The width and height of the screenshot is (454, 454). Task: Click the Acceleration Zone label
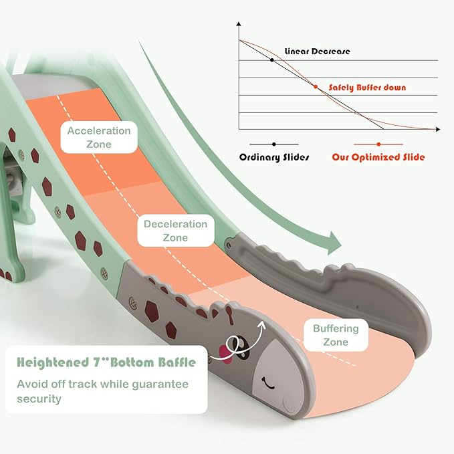pyautogui.click(x=99, y=137)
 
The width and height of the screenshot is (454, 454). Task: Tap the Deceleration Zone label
pyautogui.click(x=175, y=230)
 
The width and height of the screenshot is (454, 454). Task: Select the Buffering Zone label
pyautogui.click(x=336, y=335)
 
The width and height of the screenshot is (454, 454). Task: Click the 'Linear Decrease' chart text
pyautogui.click(x=317, y=51)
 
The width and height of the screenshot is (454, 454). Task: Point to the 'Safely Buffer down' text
pyautogui.click(x=367, y=88)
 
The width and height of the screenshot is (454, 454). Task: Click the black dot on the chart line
pyautogui.click(x=271, y=60)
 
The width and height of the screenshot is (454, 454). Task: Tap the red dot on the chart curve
pyautogui.click(x=316, y=86)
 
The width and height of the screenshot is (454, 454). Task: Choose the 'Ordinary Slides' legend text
pyautogui.click(x=275, y=158)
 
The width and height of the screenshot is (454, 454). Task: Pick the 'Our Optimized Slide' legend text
pyautogui.click(x=378, y=158)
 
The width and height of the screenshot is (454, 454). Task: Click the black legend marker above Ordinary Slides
pyautogui.click(x=274, y=144)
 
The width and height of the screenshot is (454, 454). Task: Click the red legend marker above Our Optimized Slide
pyautogui.click(x=378, y=144)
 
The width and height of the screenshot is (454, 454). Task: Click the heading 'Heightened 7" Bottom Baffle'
pyautogui.click(x=106, y=363)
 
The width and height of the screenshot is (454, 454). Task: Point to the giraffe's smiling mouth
pyautogui.click(x=270, y=384)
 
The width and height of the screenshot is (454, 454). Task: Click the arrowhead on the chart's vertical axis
pyautogui.click(x=239, y=25)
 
